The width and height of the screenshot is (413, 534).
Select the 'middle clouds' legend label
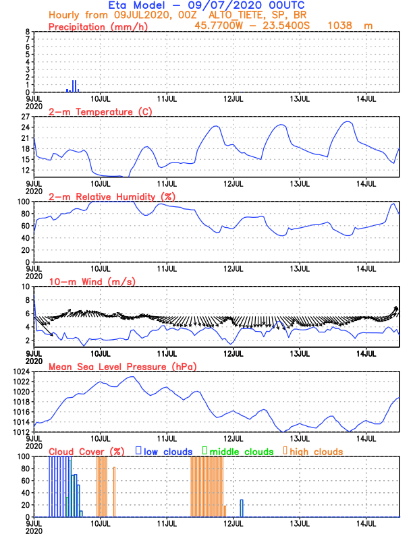[x=242, y=451]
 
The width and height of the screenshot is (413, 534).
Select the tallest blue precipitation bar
[x=74, y=86]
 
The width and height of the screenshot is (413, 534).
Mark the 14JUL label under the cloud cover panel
[x=366, y=523]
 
